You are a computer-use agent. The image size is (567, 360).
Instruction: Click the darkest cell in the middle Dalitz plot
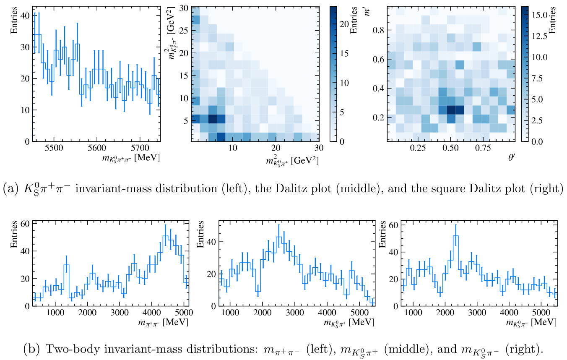point(212,119)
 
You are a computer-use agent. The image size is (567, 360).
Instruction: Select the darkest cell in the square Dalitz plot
point(451,110)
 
